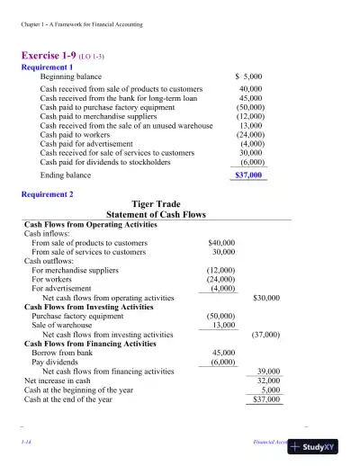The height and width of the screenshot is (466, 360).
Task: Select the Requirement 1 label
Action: click(48, 67)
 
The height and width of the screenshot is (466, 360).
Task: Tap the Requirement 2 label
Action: click(48, 194)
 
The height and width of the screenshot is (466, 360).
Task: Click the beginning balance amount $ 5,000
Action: click(247, 77)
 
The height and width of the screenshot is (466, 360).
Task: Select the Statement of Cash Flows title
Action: click(157, 215)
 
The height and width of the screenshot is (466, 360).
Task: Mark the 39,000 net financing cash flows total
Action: click(268, 371)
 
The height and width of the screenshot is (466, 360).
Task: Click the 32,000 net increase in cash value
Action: click(268, 381)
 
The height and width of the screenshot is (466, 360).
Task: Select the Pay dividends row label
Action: click(57, 362)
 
